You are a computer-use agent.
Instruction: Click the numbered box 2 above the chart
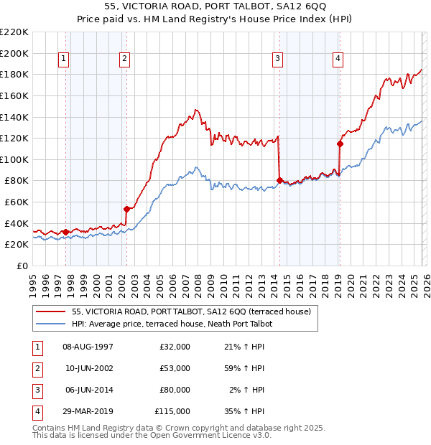click(125, 59)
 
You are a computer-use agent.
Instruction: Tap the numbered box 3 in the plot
click(277, 59)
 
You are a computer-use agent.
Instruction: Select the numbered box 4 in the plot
click(338, 59)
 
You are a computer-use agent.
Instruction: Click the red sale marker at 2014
click(279, 180)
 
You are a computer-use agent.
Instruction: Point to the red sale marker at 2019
click(340, 144)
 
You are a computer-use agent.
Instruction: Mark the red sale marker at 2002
click(126, 209)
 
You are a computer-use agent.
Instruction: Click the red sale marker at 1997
click(65, 231)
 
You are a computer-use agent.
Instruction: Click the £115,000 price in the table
click(172, 411)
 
